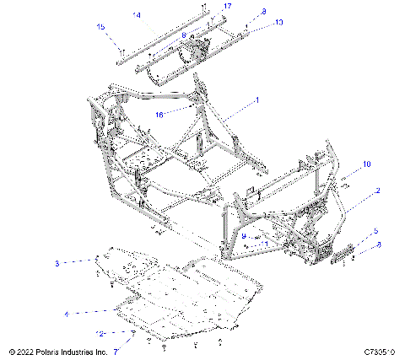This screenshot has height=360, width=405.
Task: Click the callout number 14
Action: pyautogui.click(x=138, y=15)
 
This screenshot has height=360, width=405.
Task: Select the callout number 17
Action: pyautogui.click(x=227, y=7)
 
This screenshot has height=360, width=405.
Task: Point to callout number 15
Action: pyautogui.click(x=101, y=27)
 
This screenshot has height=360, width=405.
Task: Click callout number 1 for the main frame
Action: pyautogui.click(x=257, y=99)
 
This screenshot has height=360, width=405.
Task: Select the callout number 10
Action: pyautogui.click(x=367, y=164)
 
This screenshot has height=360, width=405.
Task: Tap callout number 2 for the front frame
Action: pyautogui.click(x=378, y=191)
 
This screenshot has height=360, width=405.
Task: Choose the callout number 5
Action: pyautogui.click(x=376, y=231)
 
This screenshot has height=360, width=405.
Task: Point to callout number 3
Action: pyautogui.click(x=57, y=264)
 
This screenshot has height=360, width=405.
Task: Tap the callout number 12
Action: pyautogui.click(x=100, y=334)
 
